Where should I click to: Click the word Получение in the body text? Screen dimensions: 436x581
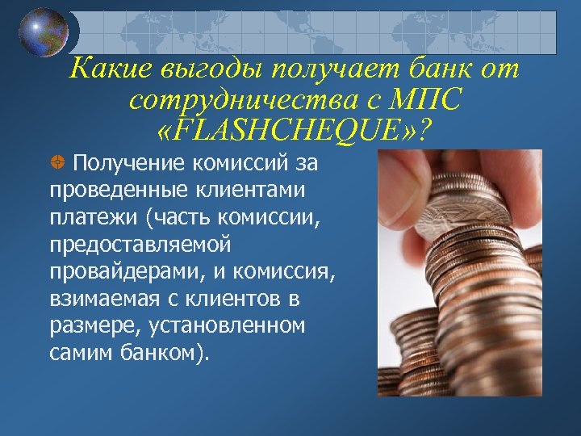(x=128, y=165)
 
